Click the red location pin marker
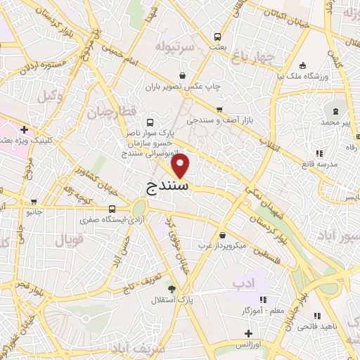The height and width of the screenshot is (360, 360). tap(181, 166)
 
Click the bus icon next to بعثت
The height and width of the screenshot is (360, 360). tap(217, 36)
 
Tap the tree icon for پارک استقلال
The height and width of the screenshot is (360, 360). tap(171, 288)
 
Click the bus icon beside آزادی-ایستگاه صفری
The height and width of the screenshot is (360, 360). tap(112, 209)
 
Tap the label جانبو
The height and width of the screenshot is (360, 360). tap(33, 211)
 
